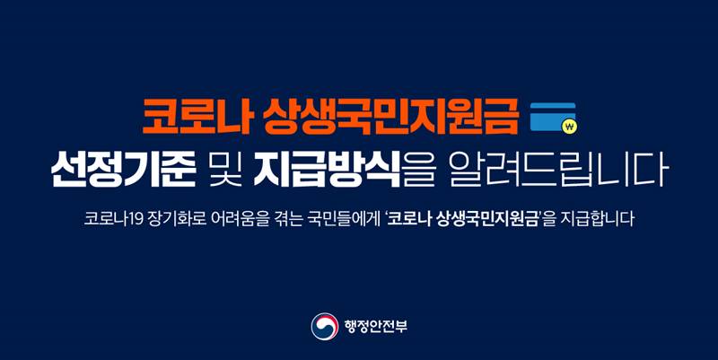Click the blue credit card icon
click(x=554, y=118)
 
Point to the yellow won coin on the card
click(x=567, y=127)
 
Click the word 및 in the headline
click(x=221, y=169)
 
